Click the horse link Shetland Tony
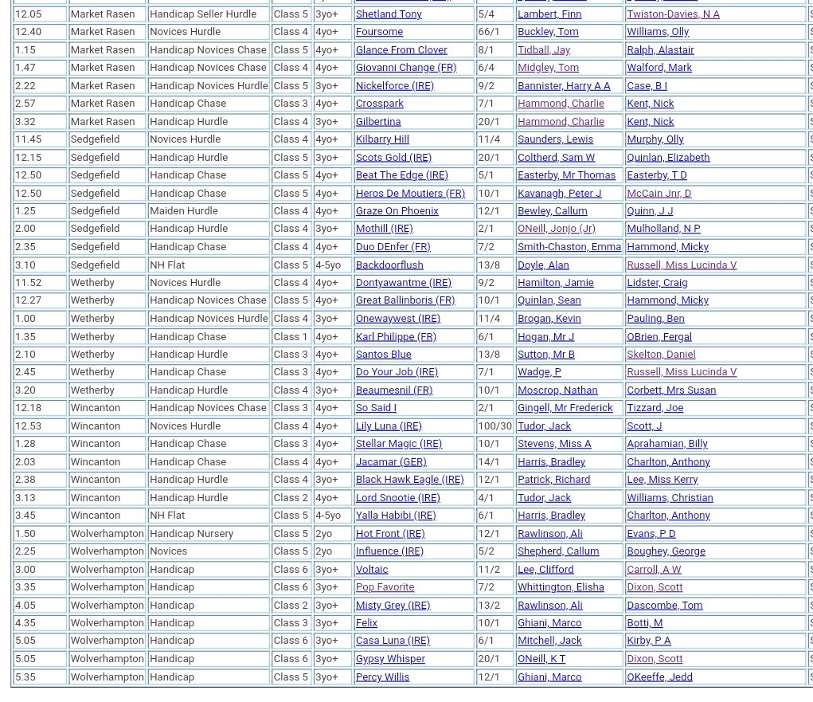389,14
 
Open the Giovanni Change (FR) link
405,68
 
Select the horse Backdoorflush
389,265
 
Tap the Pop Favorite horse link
385,587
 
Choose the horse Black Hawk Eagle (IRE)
409,480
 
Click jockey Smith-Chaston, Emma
569,247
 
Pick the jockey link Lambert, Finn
549,14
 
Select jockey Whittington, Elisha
561,587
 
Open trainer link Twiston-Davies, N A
673,14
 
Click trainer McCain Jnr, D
659,193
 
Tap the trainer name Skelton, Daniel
661,355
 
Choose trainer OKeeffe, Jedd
659,677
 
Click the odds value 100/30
494,426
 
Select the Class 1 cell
291,336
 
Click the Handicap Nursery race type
191,533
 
